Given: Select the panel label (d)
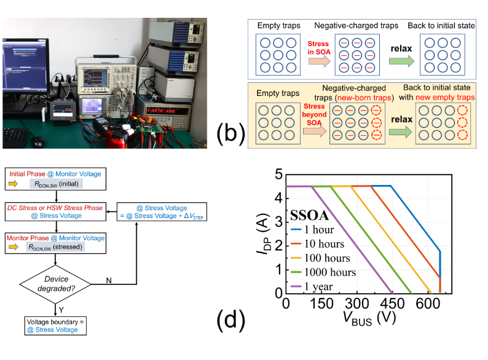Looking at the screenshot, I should [x=231, y=320].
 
